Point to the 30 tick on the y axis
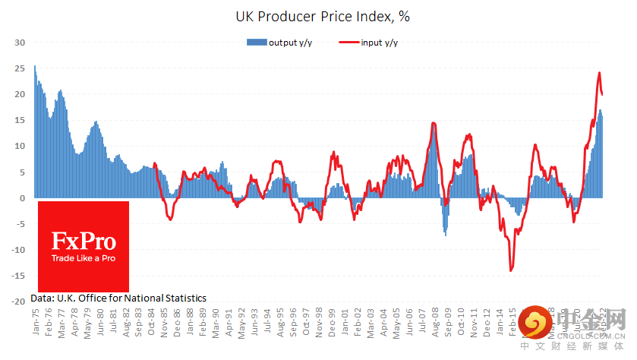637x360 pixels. pos(20,43)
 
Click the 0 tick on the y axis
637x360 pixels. pos(24,198)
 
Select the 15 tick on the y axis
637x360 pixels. pos(20,120)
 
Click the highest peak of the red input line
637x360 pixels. pos(599,74)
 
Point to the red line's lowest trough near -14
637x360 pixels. pos(511,270)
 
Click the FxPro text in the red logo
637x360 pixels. pos(83,242)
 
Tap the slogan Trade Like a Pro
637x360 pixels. pos(84,259)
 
